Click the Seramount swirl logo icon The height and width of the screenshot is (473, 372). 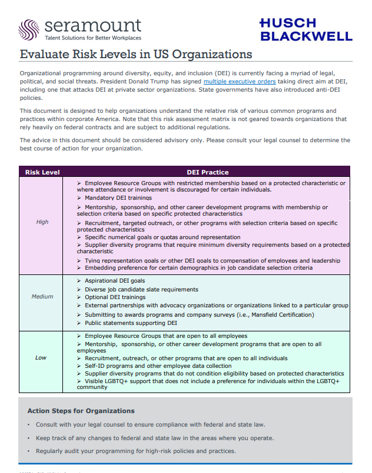click(x=30, y=28)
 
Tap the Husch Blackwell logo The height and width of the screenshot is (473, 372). click(x=305, y=29)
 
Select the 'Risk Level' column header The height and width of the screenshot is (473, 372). click(x=42, y=172)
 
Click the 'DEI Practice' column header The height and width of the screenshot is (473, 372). click(x=207, y=172)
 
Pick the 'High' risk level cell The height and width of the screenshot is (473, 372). click(x=42, y=222)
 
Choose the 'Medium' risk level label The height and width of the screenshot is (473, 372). click(x=42, y=297)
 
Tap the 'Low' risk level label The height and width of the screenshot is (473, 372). click(x=41, y=357)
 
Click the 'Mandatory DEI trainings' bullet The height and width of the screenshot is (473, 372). click(x=118, y=198)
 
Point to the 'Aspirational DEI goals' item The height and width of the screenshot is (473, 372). click(x=115, y=281)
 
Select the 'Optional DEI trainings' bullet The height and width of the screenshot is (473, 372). click(x=115, y=297)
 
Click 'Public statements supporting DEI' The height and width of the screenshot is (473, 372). click(x=131, y=323)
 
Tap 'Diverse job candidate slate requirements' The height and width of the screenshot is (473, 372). click(x=141, y=289)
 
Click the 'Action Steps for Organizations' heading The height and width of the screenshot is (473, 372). click(x=81, y=411)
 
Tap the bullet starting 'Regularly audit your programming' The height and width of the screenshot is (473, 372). click(x=135, y=451)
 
